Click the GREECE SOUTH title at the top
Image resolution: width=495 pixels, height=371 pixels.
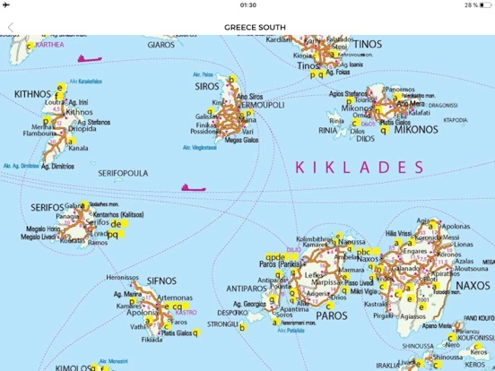[255, 27]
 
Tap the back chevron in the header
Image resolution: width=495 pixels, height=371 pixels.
[11, 27]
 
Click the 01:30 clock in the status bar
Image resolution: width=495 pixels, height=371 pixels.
[248, 5]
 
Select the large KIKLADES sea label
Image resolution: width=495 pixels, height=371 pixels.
[359, 167]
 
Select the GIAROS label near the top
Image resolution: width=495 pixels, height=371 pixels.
[161, 43]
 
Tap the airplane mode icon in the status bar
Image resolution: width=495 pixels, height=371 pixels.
[7, 5]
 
